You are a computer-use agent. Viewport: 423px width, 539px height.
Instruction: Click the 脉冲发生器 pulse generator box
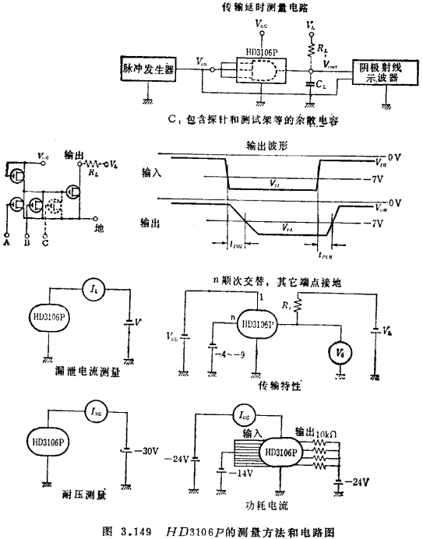148,69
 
